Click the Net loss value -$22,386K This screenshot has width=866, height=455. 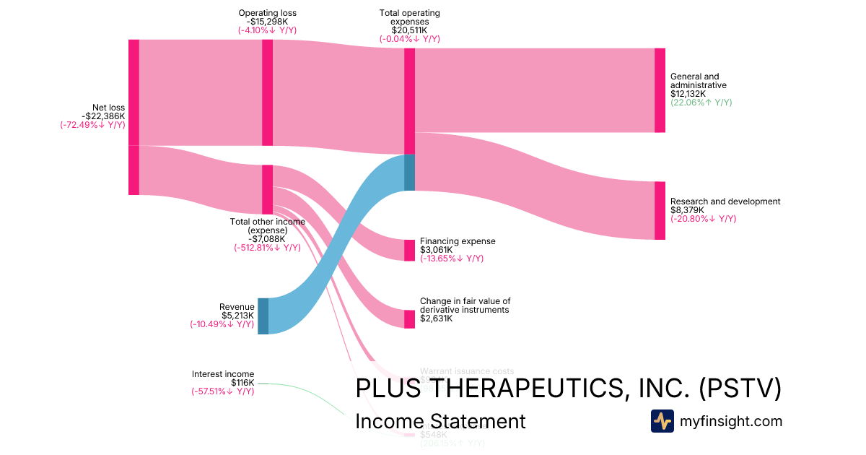(x=103, y=116)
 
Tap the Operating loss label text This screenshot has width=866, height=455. (x=267, y=13)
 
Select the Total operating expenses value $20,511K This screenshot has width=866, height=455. (x=409, y=30)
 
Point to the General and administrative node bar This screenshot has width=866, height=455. (x=660, y=90)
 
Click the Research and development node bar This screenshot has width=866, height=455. (x=660, y=210)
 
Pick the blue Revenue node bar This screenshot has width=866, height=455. (x=263, y=316)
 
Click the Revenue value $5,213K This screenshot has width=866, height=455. (x=238, y=316)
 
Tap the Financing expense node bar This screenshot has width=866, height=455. (x=409, y=250)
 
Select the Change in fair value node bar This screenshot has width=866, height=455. (x=409, y=318)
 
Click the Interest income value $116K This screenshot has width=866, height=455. (x=242, y=383)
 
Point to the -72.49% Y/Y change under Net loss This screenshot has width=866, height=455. (x=92, y=125)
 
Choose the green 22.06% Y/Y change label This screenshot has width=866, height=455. (x=701, y=103)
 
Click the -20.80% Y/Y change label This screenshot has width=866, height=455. (x=704, y=219)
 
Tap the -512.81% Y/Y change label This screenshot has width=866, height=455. (x=267, y=248)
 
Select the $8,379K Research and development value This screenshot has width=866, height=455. (x=687, y=210)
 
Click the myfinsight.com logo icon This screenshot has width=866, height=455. (x=662, y=421)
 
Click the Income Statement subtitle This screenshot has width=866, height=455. (x=440, y=422)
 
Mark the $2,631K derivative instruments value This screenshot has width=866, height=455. (x=436, y=318)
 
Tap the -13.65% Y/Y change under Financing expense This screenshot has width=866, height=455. (x=452, y=259)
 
